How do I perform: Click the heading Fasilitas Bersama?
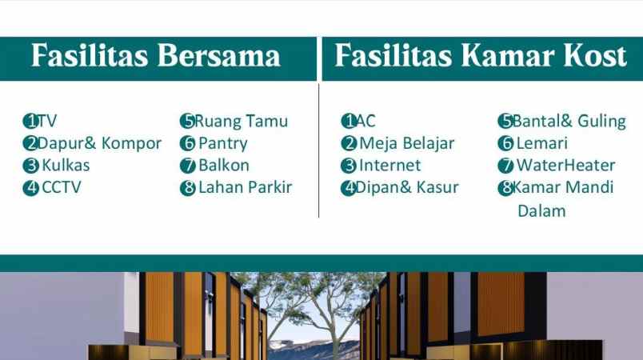click(x=156, y=57)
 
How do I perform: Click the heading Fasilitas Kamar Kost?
click(x=480, y=57)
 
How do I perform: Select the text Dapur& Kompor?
click(x=99, y=144)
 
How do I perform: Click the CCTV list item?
click(x=62, y=188)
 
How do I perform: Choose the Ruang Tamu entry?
click(x=241, y=122)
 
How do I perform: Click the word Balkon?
click(x=224, y=166)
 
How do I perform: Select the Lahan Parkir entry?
click(x=245, y=188)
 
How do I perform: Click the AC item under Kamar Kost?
click(x=365, y=122)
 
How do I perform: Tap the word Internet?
click(x=389, y=166)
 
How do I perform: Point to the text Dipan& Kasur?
click(x=407, y=188)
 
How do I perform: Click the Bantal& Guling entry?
click(x=569, y=122)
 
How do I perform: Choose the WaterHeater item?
click(x=565, y=166)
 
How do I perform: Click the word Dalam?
click(x=541, y=211)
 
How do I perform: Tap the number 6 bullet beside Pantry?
click(x=188, y=144)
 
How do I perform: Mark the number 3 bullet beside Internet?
click(x=349, y=166)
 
